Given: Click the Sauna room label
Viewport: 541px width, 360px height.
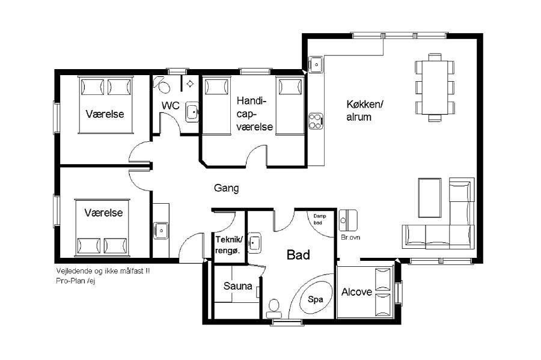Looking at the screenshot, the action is click(237, 286).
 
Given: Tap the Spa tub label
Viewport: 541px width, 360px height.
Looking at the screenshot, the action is click(316, 299).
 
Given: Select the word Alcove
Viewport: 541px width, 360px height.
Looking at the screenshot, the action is click(356, 292).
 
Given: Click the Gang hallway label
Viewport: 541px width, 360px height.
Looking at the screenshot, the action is click(227, 188).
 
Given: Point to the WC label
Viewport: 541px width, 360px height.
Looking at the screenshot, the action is click(171, 106).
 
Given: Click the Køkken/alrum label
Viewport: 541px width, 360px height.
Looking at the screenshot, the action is click(365, 111).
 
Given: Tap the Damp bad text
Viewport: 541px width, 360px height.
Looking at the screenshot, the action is click(319, 219).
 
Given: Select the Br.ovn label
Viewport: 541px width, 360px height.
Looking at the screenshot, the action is click(350, 237).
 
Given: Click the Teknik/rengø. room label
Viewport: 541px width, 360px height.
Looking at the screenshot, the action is click(229, 245).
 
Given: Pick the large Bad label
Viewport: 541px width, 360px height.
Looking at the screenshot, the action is click(298, 255).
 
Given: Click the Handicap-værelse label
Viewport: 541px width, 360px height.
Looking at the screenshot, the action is click(255, 114).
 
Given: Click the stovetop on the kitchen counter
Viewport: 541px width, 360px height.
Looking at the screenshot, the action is click(316, 121).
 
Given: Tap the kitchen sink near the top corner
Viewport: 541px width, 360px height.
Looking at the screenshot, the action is click(316, 64).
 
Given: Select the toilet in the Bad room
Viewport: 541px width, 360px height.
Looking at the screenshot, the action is click(274, 308).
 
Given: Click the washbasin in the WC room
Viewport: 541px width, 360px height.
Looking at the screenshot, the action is click(192, 112).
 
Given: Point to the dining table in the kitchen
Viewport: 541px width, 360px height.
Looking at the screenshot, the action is click(435, 88).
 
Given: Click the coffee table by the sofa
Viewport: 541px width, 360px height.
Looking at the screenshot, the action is click(430, 198).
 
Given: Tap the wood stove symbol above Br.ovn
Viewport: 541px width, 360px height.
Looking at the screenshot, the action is click(348, 220).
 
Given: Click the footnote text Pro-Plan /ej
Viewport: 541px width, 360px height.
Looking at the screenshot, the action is click(76, 281).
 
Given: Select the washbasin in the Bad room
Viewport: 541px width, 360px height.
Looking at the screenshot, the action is click(254, 243).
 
